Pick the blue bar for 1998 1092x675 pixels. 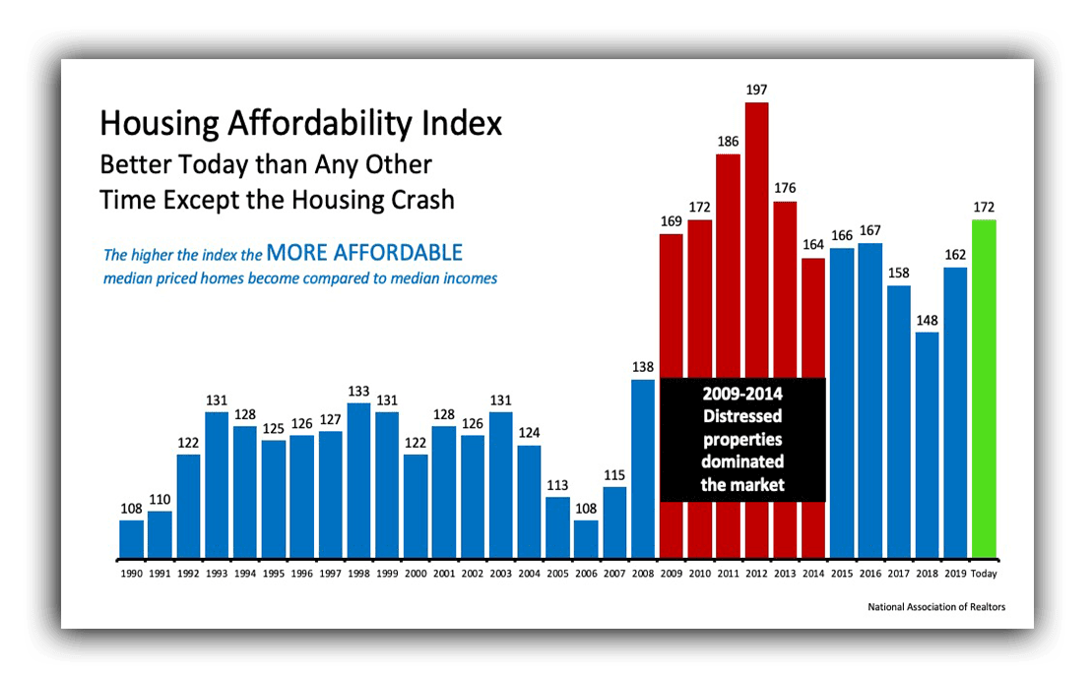coord(358,482)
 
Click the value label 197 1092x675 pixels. coord(756,90)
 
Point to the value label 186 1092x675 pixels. coord(728,142)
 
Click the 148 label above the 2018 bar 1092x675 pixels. coord(927,320)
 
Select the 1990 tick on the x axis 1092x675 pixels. coord(131,573)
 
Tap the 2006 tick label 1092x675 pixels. coord(586,573)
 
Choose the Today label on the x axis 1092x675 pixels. coord(984,573)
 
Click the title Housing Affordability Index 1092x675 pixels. coord(300,124)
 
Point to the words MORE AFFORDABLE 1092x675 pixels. coord(364,253)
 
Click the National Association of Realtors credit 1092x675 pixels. coord(936,607)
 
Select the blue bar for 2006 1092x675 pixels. coord(586,540)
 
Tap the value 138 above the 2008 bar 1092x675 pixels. coord(642,367)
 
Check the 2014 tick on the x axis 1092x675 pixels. coord(813,573)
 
